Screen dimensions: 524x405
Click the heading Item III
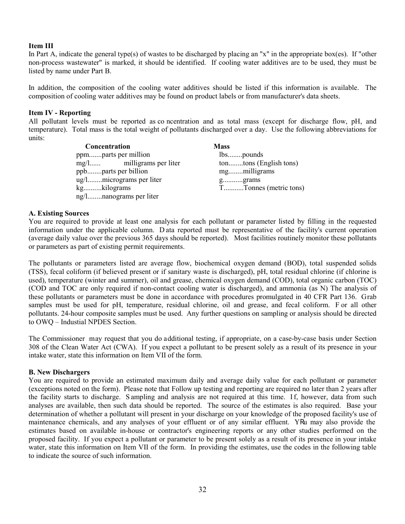pyautogui.click(x=41, y=46)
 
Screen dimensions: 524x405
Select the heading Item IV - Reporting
pyautogui.click(x=60, y=113)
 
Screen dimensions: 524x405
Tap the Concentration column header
pyautogui.click(x=107, y=147)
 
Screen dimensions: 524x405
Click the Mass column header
pyautogui.click(x=222, y=147)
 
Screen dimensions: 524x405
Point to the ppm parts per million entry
pyautogui.click(x=113, y=155)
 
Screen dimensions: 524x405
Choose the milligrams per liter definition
pyautogui.click(x=152, y=163)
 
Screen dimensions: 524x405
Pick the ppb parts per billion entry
pyautogui.click(x=112, y=171)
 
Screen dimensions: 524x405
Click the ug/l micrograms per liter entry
pyautogui.click(x=119, y=180)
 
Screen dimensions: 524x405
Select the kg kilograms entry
pyautogui.click(x=104, y=188)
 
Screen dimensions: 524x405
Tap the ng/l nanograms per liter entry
pyautogui.click(x=117, y=196)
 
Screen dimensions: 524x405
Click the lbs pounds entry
pyautogui.click(x=241, y=155)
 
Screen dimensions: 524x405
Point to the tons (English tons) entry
pyautogui.click(x=258, y=163)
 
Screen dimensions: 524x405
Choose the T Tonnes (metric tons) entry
pyautogui.click(x=262, y=188)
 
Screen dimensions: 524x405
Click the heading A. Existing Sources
pyautogui.click(x=59, y=213)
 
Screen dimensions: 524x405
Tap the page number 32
pyautogui.click(x=202, y=489)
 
